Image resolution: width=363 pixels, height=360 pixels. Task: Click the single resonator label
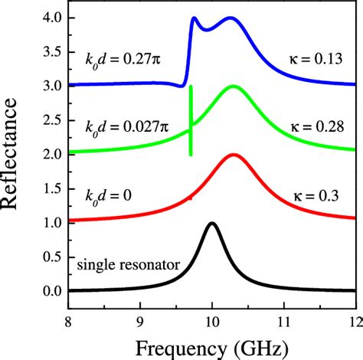pyautogui.click(x=128, y=266)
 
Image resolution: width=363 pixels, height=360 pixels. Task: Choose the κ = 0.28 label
pyautogui.click(x=311, y=126)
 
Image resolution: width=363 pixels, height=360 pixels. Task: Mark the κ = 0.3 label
pyautogui.click(x=314, y=195)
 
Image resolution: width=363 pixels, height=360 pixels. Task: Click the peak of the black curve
pyautogui.click(x=212, y=224)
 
